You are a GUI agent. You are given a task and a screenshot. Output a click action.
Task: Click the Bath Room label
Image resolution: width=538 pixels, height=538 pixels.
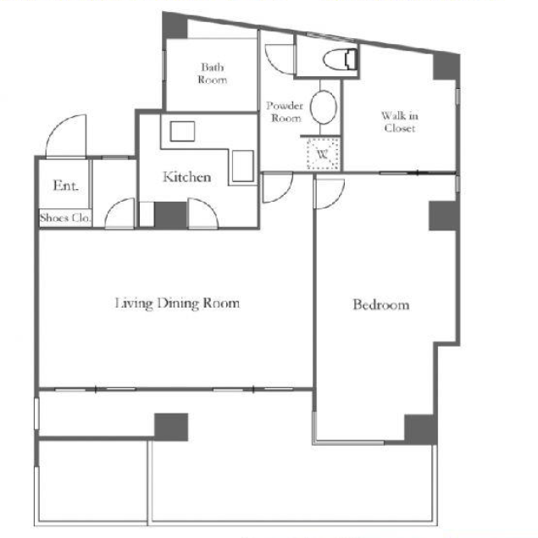213,73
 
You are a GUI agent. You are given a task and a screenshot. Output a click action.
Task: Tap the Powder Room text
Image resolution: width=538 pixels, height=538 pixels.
286,112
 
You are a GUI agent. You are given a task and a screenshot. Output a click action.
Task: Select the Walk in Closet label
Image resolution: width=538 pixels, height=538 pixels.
400,122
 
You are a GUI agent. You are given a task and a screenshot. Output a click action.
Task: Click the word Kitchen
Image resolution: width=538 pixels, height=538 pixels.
187,177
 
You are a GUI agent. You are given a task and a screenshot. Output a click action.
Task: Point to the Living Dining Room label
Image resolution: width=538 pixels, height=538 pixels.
177,303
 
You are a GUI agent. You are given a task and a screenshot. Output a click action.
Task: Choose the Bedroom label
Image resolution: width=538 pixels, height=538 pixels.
381,305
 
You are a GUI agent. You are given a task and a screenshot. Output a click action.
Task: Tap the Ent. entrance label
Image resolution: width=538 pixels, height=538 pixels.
66,186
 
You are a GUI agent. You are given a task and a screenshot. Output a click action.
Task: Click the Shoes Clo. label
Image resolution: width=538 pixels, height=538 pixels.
65,218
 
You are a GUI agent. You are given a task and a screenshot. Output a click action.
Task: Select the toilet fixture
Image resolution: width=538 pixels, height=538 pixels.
341,59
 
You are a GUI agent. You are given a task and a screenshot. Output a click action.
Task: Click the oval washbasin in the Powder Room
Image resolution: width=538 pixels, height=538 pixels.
324,107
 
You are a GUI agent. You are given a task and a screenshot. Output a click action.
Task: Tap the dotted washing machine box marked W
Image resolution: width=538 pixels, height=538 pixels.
323,153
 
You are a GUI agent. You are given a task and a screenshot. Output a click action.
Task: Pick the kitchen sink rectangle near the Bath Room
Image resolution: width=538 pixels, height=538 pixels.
182,131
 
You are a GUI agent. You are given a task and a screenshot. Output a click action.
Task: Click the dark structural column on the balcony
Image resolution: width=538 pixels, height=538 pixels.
171,427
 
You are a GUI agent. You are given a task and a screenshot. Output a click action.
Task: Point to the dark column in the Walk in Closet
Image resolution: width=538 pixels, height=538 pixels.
446,66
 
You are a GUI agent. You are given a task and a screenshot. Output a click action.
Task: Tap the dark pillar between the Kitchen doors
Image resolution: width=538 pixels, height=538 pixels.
170,215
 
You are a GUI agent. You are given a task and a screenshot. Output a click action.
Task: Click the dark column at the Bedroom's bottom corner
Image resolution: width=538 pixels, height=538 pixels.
420,429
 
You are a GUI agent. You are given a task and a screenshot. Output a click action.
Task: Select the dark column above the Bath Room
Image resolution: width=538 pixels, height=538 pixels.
175,25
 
